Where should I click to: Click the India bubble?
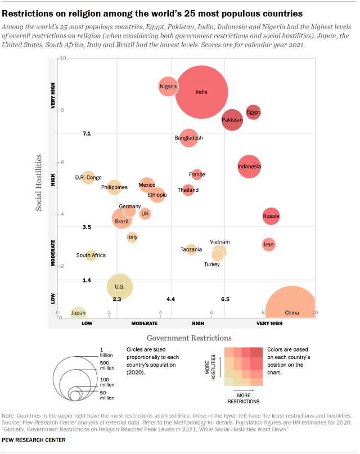[201, 92]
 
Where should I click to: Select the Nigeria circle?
[168, 86]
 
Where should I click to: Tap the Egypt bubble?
[253, 112]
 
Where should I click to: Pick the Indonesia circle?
[249, 167]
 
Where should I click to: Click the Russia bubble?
[271, 216]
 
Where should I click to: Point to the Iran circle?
[269, 244]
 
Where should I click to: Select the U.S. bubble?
[119, 286]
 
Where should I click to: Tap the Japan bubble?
[78, 313]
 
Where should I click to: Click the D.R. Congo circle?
[88, 178]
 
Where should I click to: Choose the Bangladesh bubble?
[188, 138]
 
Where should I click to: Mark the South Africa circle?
[91, 255]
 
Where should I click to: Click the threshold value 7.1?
[87, 133]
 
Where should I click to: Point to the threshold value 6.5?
[225, 299]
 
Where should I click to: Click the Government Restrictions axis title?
[189, 338]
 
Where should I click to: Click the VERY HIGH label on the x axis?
[269, 323]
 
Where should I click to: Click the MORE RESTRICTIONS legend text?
[243, 399]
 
